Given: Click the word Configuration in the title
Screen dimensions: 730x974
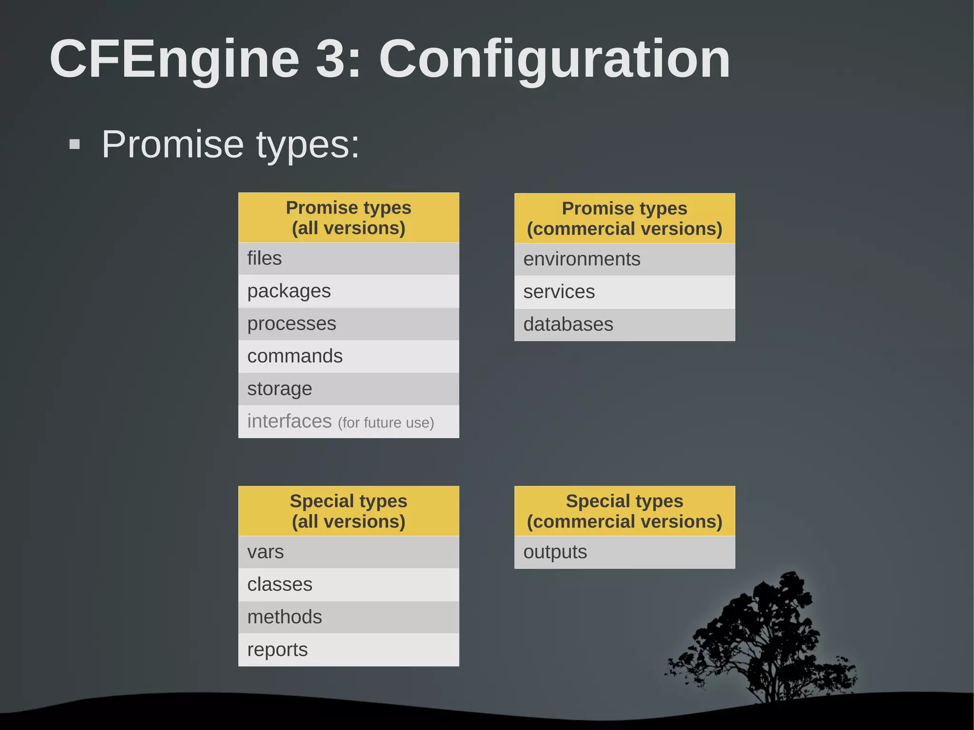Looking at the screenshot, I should (554, 59).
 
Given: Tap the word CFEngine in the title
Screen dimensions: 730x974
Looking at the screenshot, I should (175, 59).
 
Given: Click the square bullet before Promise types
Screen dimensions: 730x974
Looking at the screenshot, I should (75, 144).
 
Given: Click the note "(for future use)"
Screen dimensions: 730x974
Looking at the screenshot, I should (386, 423).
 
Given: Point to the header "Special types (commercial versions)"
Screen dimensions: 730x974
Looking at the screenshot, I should (624, 511).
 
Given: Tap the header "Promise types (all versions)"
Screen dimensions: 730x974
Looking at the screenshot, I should (349, 218).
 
